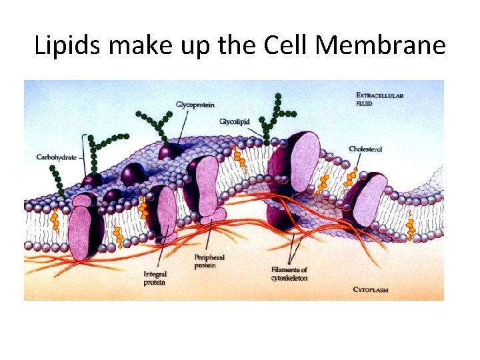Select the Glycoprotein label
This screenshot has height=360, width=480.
click(x=195, y=105)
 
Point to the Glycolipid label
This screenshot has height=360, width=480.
click(x=235, y=121)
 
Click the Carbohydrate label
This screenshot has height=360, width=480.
click(x=56, y=158)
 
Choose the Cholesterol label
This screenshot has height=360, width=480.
click(x=367, y=149)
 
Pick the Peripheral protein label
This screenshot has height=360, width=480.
click(x=209, y=261)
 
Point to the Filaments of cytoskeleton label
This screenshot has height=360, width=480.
click(x=289, y=273)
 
